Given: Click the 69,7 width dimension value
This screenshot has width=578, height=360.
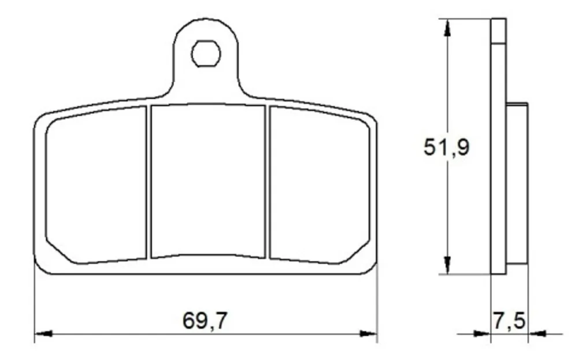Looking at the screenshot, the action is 205,321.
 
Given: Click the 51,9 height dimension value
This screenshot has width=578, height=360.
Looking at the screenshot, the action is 446,147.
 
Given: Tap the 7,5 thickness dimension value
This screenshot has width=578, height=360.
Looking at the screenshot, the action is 509,321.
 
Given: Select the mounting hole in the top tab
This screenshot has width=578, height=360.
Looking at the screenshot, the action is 206,54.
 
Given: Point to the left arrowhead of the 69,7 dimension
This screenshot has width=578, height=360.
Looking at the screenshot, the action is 43,333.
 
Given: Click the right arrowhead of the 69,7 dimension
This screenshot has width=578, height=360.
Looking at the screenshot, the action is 368,333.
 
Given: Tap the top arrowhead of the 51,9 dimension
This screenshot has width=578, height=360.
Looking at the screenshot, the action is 447,27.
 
